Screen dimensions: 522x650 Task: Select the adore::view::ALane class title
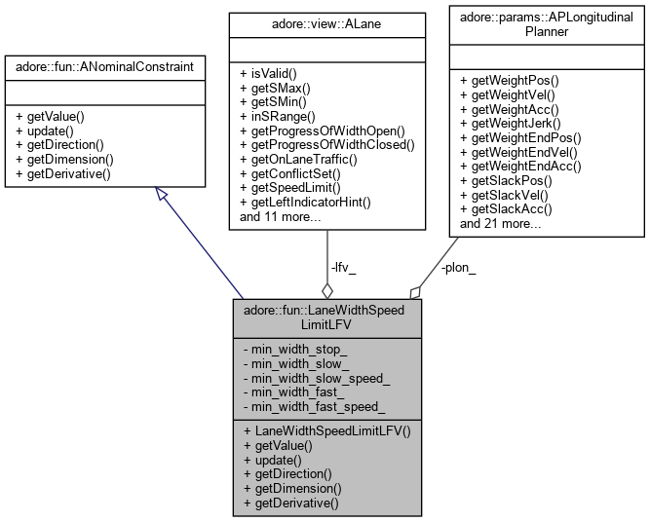325,19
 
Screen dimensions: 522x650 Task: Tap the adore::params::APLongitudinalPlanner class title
547,24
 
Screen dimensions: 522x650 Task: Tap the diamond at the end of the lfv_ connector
327,289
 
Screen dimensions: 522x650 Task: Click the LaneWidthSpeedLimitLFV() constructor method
325,430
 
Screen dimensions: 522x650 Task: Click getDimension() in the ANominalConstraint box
64,159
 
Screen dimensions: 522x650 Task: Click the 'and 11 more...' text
281,216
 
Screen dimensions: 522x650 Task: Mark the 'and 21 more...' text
501,224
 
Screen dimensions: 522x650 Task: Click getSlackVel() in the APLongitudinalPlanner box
510,195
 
